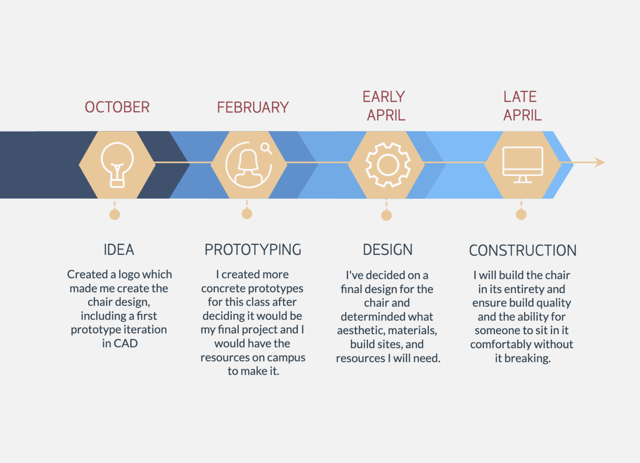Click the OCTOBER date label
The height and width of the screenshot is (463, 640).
tap(117, 107)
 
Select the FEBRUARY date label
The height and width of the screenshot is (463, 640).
tap(253, 108)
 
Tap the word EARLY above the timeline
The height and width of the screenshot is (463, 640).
tap(384, 97)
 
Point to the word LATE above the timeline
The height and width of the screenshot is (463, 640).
tap(520, 97)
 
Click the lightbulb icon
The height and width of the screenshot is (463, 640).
tap(117, 165)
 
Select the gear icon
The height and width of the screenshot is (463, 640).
tap(387, 165)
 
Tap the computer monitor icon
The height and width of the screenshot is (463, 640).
tap(522, 165)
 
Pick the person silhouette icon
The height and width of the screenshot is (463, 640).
tap(248, 166)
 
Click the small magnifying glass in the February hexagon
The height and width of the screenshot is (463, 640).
tap(266, 149)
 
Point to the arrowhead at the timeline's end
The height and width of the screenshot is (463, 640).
tap(600, 162)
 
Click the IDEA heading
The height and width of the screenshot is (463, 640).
tap(119, 250)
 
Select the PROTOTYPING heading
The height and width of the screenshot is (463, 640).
tap(253, 250)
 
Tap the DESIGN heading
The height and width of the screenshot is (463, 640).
tap(387, 250)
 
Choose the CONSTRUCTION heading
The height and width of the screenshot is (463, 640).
tap(522, 250)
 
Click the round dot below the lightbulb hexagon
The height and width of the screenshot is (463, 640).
tap(114, 215)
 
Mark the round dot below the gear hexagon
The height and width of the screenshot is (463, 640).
tap(386, 215)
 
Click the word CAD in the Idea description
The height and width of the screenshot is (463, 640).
tap(126, 343)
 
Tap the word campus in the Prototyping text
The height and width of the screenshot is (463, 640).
tap(286, 358)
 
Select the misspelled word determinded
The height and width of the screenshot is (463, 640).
tap(387, 317)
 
